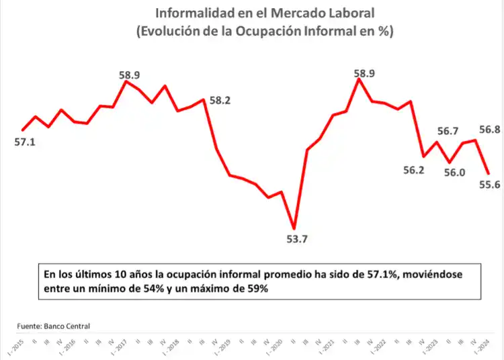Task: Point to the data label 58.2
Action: (x=220, y=101)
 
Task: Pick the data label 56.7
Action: (x=448, y=131)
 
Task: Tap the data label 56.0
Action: (x=455, y=173)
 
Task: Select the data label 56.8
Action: (x=489, y=130)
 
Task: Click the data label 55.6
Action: (x=489, y=185)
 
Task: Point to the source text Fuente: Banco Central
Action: (x=54, y=326)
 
